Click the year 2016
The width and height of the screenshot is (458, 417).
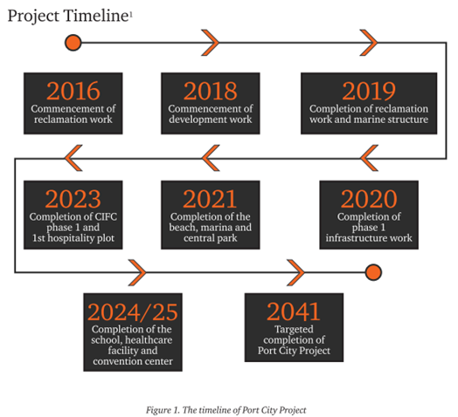pyautogui.click(x=73, y=91)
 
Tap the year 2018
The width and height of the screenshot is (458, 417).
pyautogui.click(x=211, y=91)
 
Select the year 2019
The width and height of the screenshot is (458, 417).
pyautogui.click(x=369, y=91)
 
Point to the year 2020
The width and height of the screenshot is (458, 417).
pyautogui.click(x=369, y=199)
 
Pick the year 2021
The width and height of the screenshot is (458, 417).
pyautogui.click(x=210, y=199)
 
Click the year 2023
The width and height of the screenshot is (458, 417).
pyautogui.click(x=73, y=199)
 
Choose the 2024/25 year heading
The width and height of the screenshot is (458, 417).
pyautogui.click(x=133, y=311)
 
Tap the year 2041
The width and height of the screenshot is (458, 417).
pyautogui.click(x=294, y=311)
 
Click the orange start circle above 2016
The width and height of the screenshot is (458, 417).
pyautogui.click(x=73, y=43)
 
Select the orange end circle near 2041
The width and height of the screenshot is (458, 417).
pyautogui.click(x=373, y=272)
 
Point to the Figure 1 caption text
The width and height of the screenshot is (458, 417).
pyautogui.click(x=226, y=410)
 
